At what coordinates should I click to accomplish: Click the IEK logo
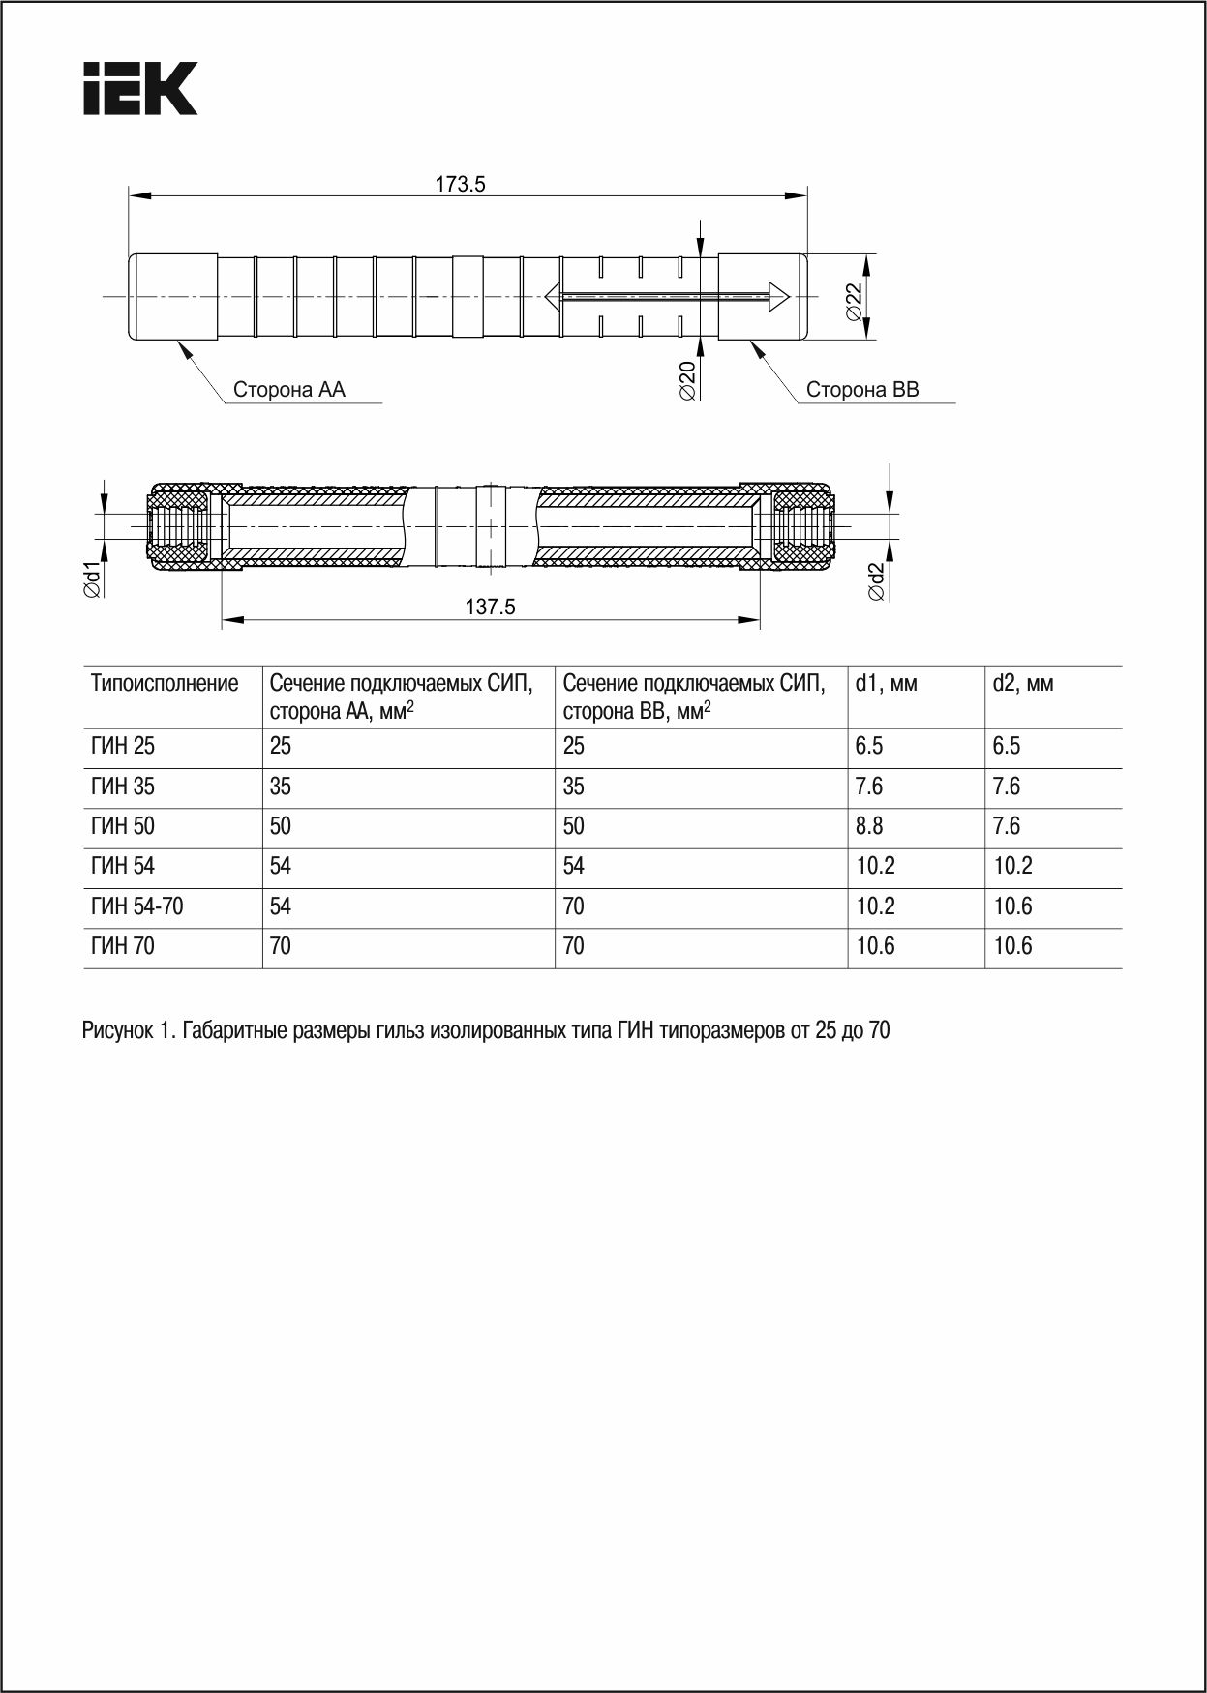click(140, 89)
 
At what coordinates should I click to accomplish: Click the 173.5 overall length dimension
click(460, 184)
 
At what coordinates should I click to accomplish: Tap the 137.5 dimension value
click(491, 607)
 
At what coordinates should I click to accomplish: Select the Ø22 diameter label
click(854, 302)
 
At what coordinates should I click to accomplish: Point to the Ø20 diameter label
click(687, 380)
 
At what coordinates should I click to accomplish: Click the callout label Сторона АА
click(289, 390)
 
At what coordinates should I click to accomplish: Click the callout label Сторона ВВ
click(862, 390)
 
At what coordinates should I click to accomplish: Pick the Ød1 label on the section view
click(93, 579)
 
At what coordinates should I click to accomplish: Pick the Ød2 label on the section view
click(876, 581)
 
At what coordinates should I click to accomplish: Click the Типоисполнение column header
click(165, 684)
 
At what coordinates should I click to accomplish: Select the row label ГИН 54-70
click(137, 906)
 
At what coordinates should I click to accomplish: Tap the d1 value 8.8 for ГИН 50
click(869, 826)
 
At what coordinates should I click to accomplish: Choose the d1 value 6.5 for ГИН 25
click(869, 746)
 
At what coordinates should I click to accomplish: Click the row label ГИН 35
click(123, 787)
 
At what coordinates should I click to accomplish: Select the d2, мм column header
click(1023, 684)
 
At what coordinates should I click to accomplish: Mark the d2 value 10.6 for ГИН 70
click(1012, 946)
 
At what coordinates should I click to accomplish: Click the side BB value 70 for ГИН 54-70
click(574, 906)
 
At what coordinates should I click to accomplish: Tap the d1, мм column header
click(886, 684)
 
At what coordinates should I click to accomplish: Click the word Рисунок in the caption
click(113, 1030)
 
